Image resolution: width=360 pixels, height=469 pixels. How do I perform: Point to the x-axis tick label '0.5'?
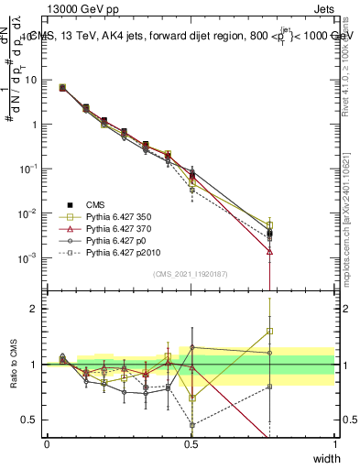tap(191, 443)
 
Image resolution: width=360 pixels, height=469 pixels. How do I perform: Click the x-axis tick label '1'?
tap(335, 443)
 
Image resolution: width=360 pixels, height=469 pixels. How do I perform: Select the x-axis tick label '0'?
tap(48, 443)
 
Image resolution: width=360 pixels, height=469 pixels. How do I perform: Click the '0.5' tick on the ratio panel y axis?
tap(31, 420)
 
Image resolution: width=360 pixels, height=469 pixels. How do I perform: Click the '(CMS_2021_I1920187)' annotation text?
tap(191, 272)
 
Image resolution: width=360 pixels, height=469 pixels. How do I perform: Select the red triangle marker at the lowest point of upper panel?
tap(269, 251)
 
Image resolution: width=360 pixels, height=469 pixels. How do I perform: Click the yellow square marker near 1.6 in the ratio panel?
tap(269, 331)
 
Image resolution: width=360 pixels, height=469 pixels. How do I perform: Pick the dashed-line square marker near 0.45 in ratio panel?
tap(191, 425)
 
